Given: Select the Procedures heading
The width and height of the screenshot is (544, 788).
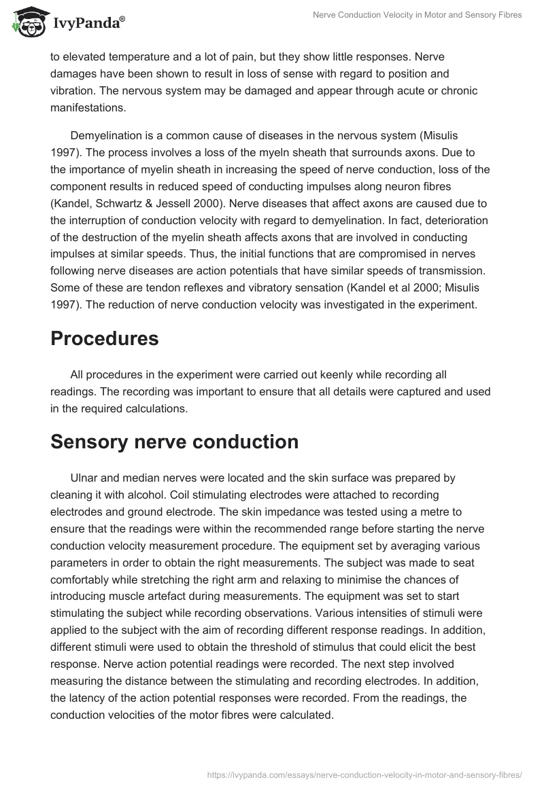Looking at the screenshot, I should coord(104,338).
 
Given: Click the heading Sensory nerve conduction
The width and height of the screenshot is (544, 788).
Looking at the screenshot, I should coord(174,442).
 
